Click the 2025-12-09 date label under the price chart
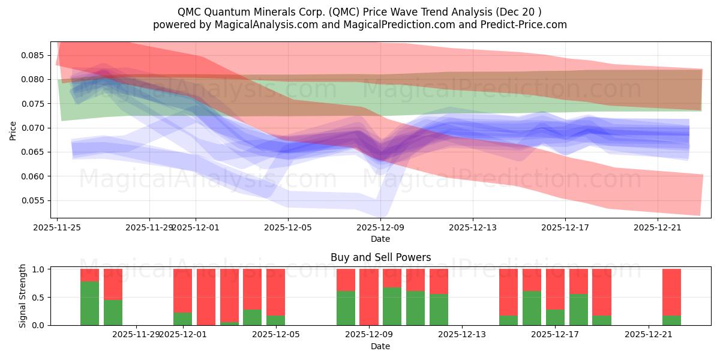click(x=380, y=227)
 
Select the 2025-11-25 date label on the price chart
click(x=58, y=227)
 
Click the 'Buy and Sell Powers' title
click(x=380, y=257)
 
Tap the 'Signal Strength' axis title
click(x=22, y=296)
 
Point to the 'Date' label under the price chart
click(x=380, y=239)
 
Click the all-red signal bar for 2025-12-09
click(x=369, y=297)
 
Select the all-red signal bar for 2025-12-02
click(x=206, y=297)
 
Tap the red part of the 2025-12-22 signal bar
click(x=671, y=291)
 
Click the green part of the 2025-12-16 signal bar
click(x=532, y=308)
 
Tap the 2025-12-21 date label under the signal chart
click(x=649, y=334)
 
